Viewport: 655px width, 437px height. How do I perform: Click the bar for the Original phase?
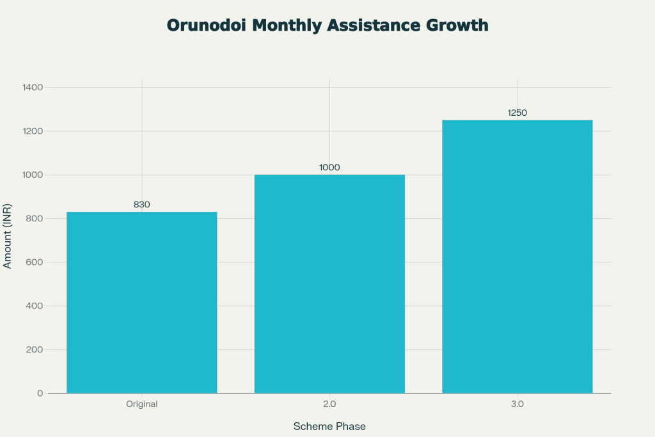pyautogui.click(x=141, y=302)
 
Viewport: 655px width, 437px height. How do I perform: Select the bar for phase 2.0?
pyautogui.click(x=329, y=283)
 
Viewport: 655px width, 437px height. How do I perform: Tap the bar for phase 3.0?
pyautogui.click(x=517, y=256)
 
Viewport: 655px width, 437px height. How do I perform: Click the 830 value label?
pyautogui.click(x=141, y=205)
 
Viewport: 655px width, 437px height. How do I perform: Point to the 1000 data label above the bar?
pyautogui.click(x=329, y=168)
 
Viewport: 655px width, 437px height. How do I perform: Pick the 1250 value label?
pyautogui.click(x=517, y=113)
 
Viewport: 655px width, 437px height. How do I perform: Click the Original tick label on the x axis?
pyautogui.click(x=141, y=404)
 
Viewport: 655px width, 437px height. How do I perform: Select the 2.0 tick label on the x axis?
pyautogui.click(x=329, y=404)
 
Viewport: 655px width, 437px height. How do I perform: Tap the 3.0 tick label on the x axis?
pyautogui.click(x=517, y=404)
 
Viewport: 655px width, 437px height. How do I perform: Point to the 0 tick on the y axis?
pyautogui.click(x=40, y=393)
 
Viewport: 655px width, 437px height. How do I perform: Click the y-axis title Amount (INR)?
pyautogui.click(x=8, y=240)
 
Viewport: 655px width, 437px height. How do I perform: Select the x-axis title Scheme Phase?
pyautogui.click(x=329, y=426)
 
